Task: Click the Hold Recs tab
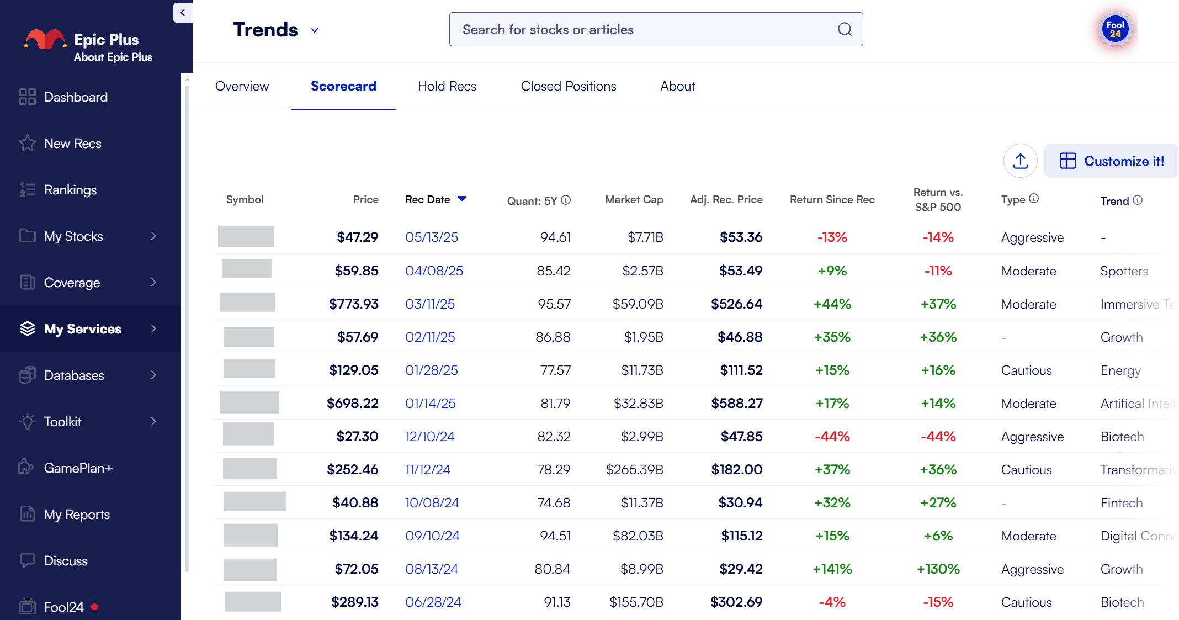point(447,86)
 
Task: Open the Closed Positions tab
point(568,86)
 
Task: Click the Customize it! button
point(1111,161)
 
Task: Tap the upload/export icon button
point(1020,161)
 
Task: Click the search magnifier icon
point(845,29)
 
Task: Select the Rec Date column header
point(428,199)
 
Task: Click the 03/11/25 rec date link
point(429,304)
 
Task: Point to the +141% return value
point(832,569)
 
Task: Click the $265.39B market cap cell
point(634,469)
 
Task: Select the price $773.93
point(353,304)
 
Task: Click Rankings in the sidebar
point(70,190)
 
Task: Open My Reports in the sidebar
point(77,515)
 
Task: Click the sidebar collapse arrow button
point(183,13)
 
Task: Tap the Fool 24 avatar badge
point(1114,29)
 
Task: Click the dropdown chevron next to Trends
point(315,30)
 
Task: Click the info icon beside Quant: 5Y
point(566,200)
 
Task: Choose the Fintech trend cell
point(1121,502)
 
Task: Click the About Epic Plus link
point(113,57)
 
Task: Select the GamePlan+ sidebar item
point(78,468)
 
